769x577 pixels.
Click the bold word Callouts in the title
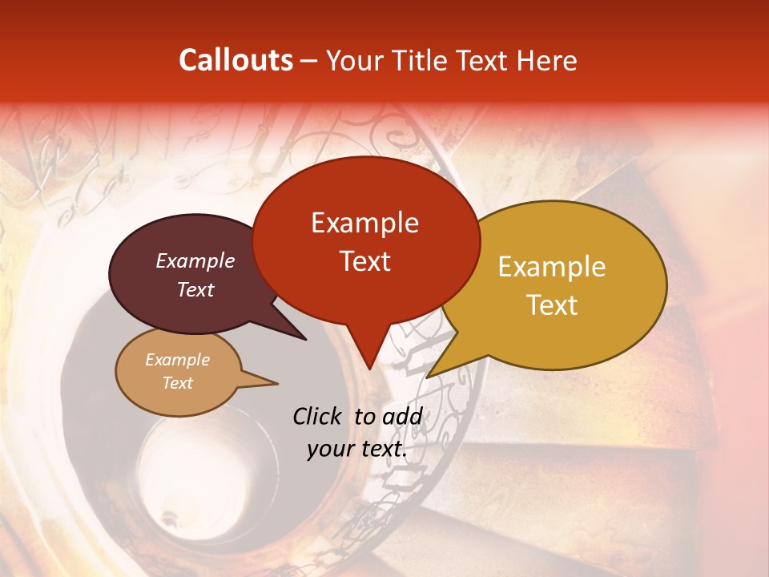[x=236, y=60]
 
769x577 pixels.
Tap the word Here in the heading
[x=546, y=61]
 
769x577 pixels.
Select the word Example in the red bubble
[x=364, y=223]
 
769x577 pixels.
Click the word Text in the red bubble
[x=364, y=260]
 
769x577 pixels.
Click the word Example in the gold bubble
[x=552, y=267]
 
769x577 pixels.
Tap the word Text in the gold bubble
[x=552, y=305]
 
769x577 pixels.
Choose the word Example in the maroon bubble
[x=195, y=260]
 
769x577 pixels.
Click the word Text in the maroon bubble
[x=195, y=289]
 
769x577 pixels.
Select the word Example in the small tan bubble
[x=177, y=360]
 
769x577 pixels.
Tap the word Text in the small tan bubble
[x=177, y=383]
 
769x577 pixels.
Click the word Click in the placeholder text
[x=319, y=416]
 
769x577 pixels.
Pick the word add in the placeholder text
[x=403, y=416]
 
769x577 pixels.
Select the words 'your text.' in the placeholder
[x=356, y=450]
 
